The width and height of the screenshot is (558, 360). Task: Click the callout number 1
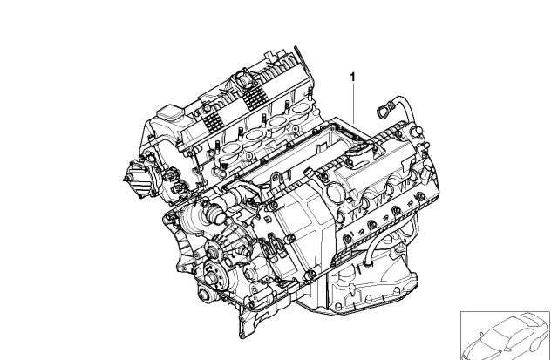(x=352, y=77)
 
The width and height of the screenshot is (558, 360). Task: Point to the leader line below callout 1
(x=353, y=103)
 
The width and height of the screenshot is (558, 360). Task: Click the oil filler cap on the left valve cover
(x=171, y=113)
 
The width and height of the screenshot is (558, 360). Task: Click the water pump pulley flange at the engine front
(x=214, y=252)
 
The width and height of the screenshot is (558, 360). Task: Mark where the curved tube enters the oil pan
(x=368, y=263)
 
